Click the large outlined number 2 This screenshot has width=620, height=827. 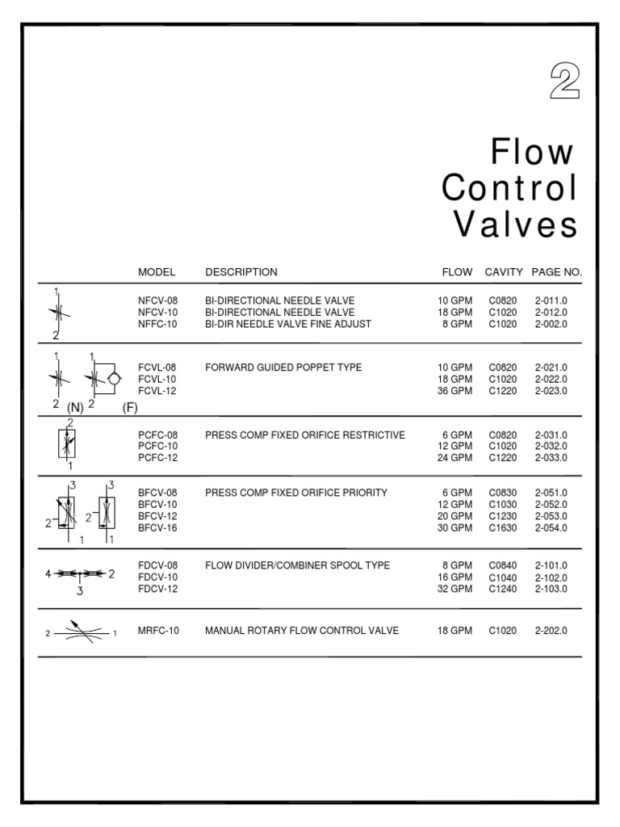coord(564,83)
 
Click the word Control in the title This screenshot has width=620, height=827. coord(509,188)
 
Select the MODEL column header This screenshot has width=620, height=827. coord(157,272)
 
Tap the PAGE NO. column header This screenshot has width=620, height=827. coord(556,272)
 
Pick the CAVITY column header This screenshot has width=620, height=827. coord(504,272)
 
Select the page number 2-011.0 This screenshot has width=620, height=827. coord(551,300)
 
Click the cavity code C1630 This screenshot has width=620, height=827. coord(505,528)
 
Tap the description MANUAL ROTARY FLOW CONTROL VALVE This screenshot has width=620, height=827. coord(301,631)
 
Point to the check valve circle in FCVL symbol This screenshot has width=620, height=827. coord(114,378)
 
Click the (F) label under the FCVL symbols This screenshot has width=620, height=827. coord(130,408)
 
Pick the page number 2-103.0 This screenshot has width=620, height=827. coord(551,589)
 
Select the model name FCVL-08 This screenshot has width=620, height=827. coord(157,367)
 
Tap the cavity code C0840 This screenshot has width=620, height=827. coord(505,565)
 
